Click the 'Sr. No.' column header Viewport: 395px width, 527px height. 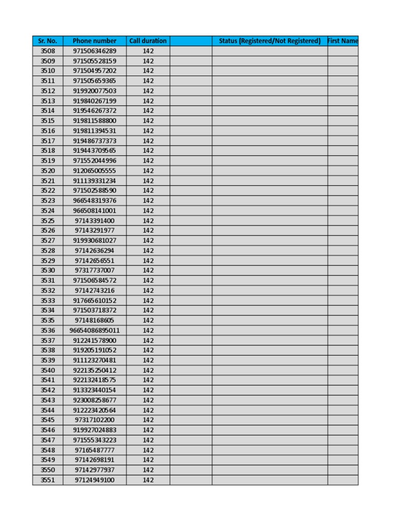pyautogui.click(x=47, y=41)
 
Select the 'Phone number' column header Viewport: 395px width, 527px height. pyautogui.click(x=95, y=41)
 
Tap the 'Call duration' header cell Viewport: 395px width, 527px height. pyautogui.click(x=148, y=41)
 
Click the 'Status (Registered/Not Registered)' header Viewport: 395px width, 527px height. pyautogui.click(x=270, y=41)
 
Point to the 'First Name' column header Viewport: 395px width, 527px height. pyautogui.click(x=343, y=41)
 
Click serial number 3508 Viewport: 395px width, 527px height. pyautogui.click(x=47, y=51)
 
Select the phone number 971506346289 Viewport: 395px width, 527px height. pyautogui.click(x=95, y=51)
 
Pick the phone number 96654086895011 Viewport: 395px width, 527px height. pyautogui.click(x=95, y=330)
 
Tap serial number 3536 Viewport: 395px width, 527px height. pyautogui.click(x=47, y=330)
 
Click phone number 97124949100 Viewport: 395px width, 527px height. pyautogui.click(x=95, y=480)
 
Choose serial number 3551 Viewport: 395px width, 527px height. pyautogui.click(x=47, y=480)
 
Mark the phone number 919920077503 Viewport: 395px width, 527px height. pyautogui.click(x=95, y=91)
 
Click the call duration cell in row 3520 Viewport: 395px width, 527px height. pyautogui.click(x=148, y=171)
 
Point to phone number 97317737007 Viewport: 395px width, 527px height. pyautogui.click(x=95, y=271)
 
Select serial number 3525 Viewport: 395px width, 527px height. pyautogui.click(x=47, y=221)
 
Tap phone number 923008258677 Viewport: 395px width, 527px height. pyautogui.click(x=95, y=400)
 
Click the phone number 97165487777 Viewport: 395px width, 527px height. pyautogui.click(x=95, y=450)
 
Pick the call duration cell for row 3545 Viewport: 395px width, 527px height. pyautogui.click(x=148, y=420)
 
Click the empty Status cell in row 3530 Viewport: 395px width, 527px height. pyautogui.click(x=270, y=271)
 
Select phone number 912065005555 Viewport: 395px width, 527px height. pyautogui.click(x=95, y=171)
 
